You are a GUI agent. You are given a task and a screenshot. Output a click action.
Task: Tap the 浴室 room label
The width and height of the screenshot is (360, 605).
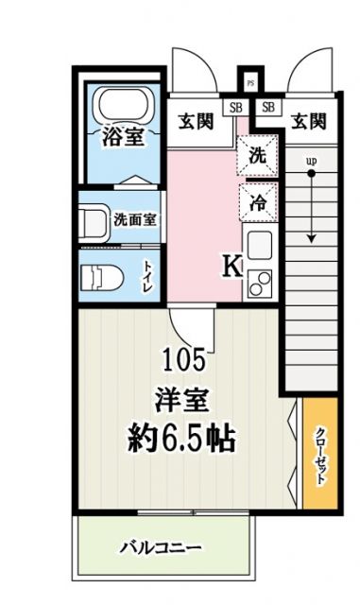coord(123,137)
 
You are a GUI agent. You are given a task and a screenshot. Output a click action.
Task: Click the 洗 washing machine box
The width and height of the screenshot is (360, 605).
coord(257,156)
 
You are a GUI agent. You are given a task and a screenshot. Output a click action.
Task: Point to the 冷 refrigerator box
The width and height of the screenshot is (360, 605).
coord(257,199)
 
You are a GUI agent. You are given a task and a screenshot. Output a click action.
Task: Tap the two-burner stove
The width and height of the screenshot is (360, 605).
coord(258,281)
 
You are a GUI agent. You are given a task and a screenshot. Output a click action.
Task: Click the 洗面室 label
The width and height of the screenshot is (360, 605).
coord(135,218)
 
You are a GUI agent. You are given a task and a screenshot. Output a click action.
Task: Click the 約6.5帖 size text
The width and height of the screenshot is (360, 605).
coord(183,438)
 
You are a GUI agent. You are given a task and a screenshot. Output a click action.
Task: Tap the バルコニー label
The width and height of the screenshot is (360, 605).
coord(160,547)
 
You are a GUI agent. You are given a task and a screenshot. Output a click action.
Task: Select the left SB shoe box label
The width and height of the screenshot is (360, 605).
coord(232,106)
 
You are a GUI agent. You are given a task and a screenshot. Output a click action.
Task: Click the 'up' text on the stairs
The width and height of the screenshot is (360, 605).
coord(309,161)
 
